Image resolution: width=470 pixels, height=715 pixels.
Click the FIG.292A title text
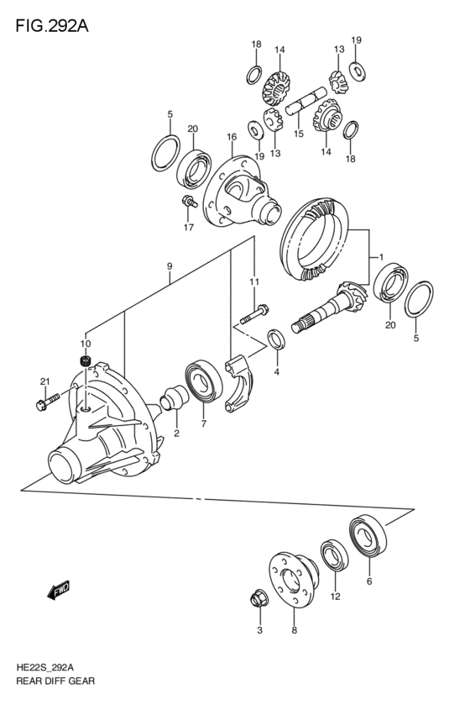[52, 26]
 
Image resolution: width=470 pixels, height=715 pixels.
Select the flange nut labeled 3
[260, 599]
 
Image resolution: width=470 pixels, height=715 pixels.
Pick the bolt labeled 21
[47, 401]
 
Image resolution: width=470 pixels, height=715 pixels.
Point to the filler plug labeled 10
[85, 361]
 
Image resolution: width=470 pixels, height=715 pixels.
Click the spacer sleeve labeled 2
[175, 397]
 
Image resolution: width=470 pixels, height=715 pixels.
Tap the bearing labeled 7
[204, 381]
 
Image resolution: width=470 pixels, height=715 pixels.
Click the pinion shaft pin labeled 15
[306, 103]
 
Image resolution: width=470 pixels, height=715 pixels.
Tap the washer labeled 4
[275, 339]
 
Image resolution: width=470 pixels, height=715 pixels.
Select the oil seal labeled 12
[335, 555]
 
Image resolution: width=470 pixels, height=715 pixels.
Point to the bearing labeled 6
[368, 536]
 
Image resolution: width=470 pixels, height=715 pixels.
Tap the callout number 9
[170, 265]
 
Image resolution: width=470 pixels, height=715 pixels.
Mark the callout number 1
[381, 257]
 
